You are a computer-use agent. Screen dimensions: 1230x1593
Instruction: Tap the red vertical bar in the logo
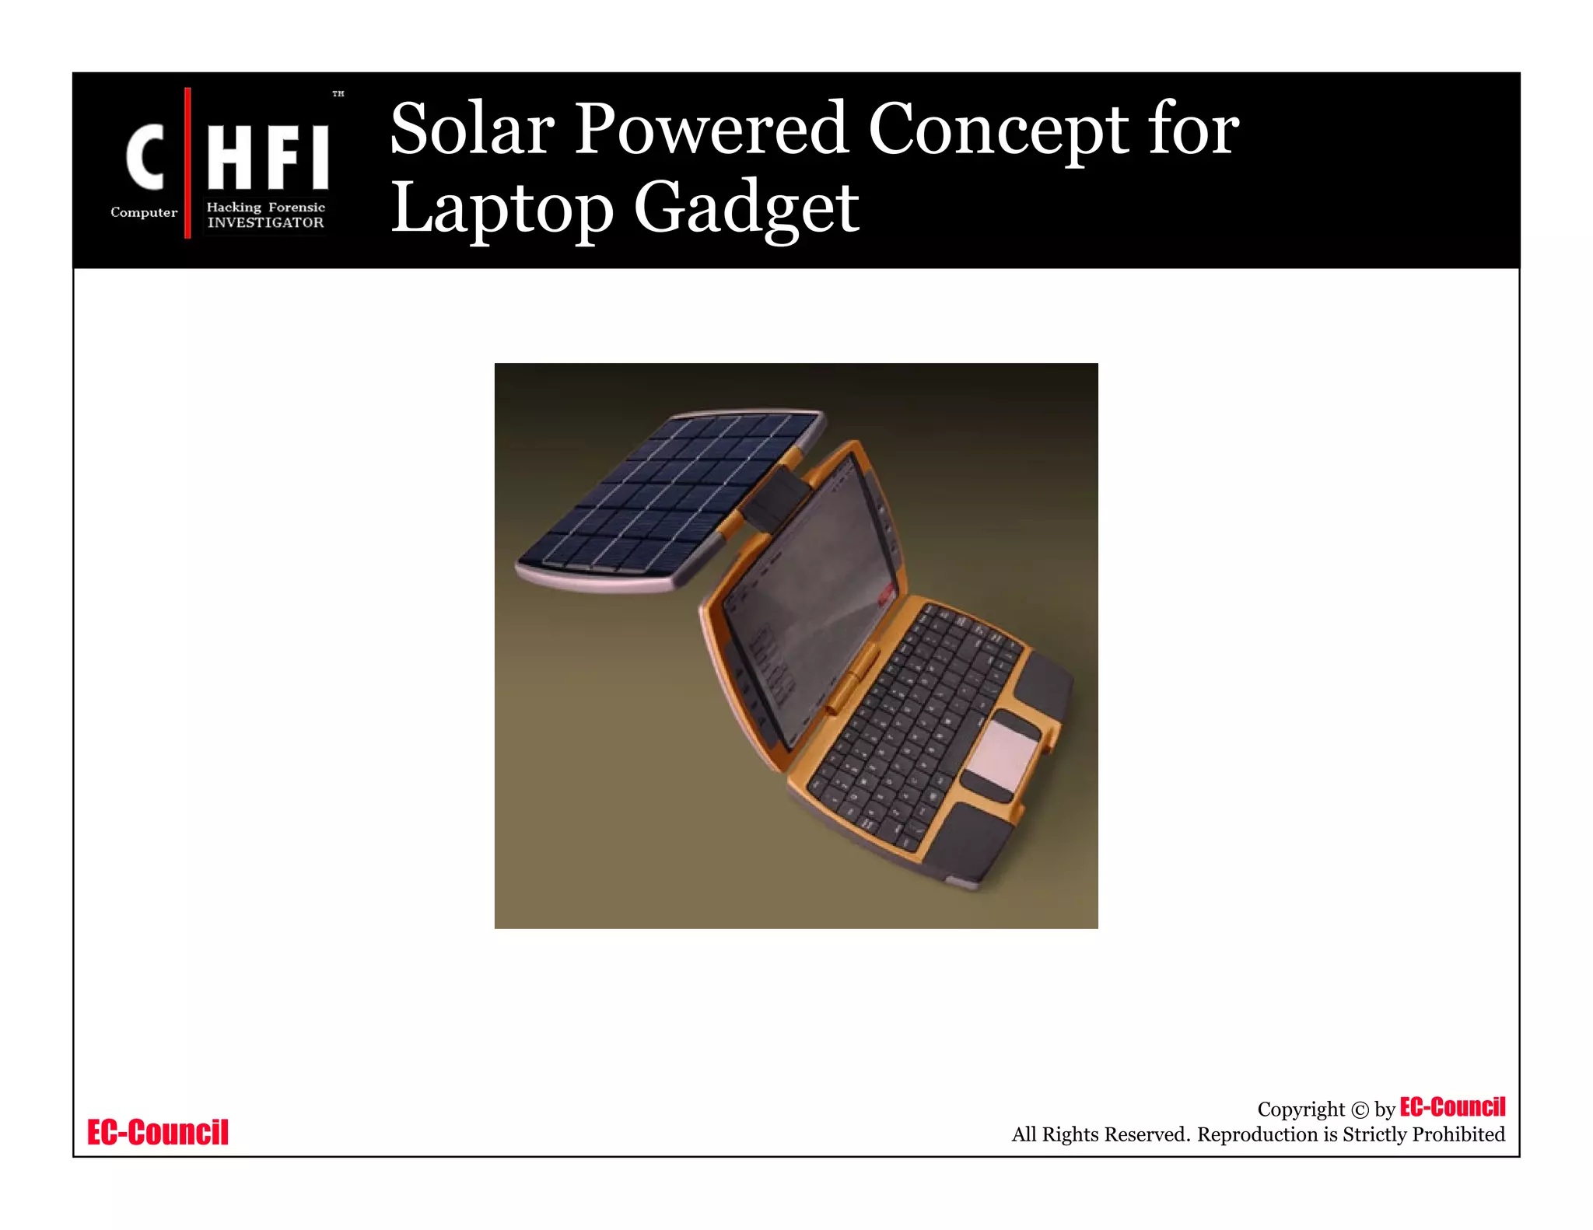[187, 162]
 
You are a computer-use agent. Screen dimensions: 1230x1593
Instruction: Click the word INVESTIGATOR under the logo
[265, 223]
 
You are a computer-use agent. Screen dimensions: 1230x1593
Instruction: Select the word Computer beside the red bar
[144, 212]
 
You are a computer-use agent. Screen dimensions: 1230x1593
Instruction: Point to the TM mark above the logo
[338, 94]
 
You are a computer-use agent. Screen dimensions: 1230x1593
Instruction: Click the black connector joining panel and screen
[773, 498]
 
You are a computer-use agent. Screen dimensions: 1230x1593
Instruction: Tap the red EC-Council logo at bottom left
[158, 1132]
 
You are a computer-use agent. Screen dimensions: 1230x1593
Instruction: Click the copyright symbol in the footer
[1359, 1110]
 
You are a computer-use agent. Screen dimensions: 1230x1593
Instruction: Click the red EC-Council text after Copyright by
[1452, 1107]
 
